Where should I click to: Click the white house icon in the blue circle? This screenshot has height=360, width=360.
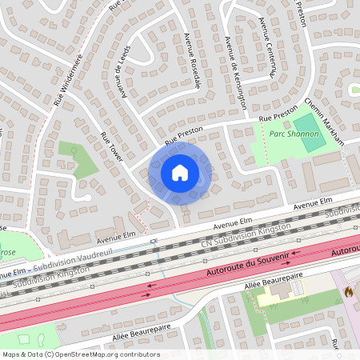pyautogui.click(x=180, y=172)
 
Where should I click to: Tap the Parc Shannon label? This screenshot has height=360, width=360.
pyautogui.click(x=294, y=134)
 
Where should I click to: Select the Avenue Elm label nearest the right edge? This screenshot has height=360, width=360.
pyautogui.click(x=311, y=206)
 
